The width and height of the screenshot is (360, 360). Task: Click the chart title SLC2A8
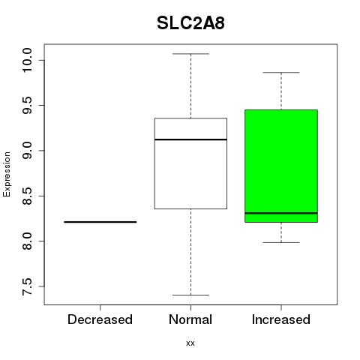click(x=190, y=23)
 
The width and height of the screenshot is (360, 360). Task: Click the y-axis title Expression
click(x=7, y=174)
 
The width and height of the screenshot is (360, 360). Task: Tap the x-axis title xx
click(x=190, y=343)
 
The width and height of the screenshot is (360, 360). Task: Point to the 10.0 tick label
click(x=26, y=60)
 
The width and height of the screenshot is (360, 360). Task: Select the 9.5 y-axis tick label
click(x=26, y=106)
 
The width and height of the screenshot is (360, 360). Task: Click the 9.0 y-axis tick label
click(x=26, y=151)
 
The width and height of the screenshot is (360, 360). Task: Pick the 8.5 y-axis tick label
click(x=26, y=196)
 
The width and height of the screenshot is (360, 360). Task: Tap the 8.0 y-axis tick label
click(x=26, y=241)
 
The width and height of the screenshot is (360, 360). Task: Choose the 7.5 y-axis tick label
click(x=26, y=286)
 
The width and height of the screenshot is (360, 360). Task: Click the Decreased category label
click(x=100, y=319)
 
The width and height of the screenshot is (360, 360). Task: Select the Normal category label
click(x=190, y=319)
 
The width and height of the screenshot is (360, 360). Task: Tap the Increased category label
click(x=281, y=319)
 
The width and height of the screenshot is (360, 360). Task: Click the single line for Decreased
click(x=100, y=222)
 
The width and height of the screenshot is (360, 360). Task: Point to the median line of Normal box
click(x=190, y=139)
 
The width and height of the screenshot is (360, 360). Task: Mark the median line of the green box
click(x=281, y=213)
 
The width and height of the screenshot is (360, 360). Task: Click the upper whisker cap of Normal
click(x=190, y=54)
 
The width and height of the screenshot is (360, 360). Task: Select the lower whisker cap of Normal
click(x=190, y=295)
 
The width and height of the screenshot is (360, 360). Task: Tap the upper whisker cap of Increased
click(x=281, y=73)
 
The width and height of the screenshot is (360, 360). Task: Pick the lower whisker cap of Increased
click(x=281, y=242)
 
